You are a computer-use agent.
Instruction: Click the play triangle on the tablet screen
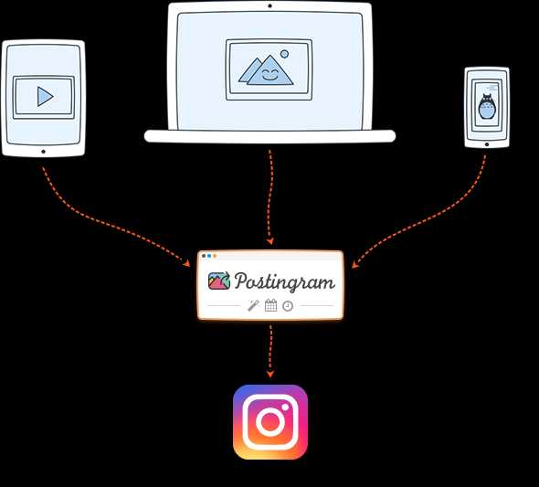point(45,97)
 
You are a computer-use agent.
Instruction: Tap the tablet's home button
point(43,152)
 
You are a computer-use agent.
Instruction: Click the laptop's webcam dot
point(269,5)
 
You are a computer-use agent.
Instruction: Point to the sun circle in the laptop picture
point(284,54)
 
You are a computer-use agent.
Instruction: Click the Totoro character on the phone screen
point(487,106)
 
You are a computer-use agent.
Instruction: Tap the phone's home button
point(487,144)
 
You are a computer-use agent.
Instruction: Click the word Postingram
point(285,281)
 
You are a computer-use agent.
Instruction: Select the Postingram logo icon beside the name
point(219,281)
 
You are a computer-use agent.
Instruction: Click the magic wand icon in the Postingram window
point(254,305)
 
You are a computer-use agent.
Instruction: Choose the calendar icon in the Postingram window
point(271,305)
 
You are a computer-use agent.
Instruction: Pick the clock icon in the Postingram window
point(288,306)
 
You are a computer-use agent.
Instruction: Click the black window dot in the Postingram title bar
point(204,256)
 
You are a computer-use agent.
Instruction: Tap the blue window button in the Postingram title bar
point(209,256)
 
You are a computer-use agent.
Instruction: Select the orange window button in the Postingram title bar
point(215,256)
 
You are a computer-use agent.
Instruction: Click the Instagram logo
point(270,422)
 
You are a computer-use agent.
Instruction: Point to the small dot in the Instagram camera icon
point(285,408)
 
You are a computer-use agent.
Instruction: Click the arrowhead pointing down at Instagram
point(270,374)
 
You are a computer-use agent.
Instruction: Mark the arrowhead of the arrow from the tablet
point(186,263)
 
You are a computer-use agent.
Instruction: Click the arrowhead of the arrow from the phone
point(355,265)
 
